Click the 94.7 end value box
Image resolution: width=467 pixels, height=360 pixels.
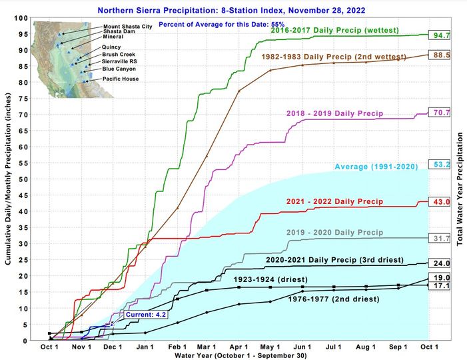438,35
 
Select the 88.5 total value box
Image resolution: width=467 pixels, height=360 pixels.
438,55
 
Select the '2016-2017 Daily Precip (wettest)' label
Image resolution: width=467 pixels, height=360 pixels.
334,31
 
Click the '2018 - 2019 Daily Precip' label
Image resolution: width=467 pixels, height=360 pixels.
334,114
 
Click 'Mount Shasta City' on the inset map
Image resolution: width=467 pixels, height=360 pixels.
127,27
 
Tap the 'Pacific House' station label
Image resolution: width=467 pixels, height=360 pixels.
124,79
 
